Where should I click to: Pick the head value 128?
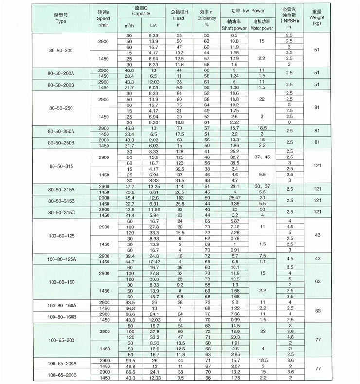coord(179,152)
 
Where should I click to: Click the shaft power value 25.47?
coord(234,198)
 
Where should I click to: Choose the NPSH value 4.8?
coord(289,337)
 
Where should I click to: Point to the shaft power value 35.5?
coord(234,163)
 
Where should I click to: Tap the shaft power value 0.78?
coord(234,238)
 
